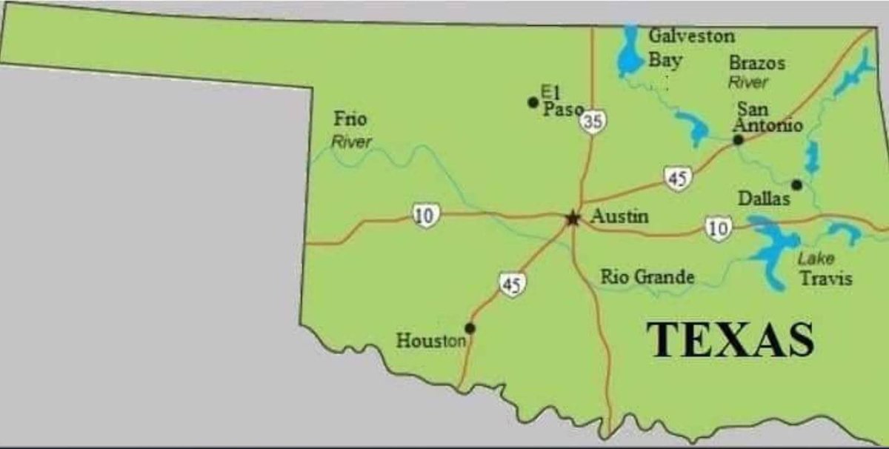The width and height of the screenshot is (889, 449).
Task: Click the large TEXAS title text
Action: pos(730,340)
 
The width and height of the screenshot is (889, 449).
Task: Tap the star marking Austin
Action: pos(572,218)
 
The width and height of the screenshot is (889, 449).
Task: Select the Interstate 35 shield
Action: pos(591,122)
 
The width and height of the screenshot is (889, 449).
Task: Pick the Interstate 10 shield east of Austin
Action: pos(718,227)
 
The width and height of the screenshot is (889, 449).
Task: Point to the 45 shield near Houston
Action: pos(510,284)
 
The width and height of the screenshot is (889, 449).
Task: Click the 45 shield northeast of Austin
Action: pos(677,179)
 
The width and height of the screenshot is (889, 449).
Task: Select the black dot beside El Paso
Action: pos(533,102)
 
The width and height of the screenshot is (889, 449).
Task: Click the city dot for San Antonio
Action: pos(738,139)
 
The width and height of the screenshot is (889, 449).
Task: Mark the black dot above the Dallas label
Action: pos(796,184)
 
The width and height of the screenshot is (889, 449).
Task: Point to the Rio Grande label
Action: pos(647,277)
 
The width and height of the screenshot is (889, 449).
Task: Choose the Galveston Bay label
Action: pos(690,47)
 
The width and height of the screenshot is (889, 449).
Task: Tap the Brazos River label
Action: pos(756,72)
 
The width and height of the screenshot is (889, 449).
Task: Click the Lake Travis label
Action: pos(825,269)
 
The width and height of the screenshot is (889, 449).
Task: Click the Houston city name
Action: pos(431,342)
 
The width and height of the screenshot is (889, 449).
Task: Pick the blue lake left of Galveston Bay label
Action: pos(630,52)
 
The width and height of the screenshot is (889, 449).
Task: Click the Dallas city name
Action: pos(765,199)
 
